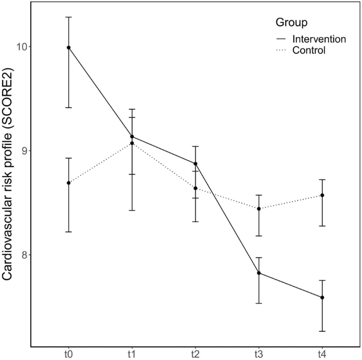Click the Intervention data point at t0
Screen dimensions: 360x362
[69, 48]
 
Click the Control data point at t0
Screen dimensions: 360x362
[69, 183]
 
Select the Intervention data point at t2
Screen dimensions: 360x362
[196, 164]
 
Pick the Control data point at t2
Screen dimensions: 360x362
[196, 188]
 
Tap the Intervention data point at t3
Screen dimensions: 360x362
[259, 273]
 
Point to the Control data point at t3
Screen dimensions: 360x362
[259, 209]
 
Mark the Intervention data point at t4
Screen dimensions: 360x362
[322, 298]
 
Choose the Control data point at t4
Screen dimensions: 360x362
[322, 196]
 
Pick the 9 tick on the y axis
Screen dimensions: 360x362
[24, 151]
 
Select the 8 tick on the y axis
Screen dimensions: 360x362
[24, 255]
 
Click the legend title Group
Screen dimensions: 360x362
[292, 23]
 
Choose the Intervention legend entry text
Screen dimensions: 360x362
[319, 39]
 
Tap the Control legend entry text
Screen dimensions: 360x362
[309, 51]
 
